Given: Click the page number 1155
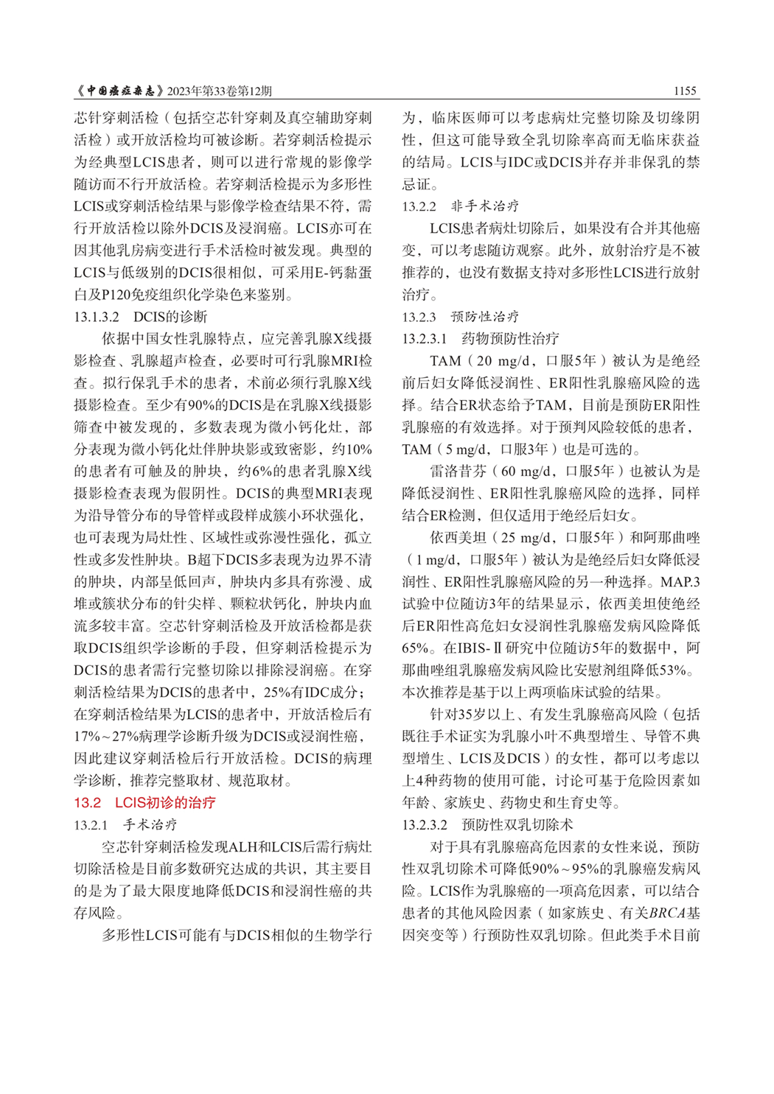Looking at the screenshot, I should (x=685, y=91).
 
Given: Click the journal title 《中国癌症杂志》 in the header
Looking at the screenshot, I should (x=119, y=91).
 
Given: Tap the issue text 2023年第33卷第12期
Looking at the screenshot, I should (x=220, y=91).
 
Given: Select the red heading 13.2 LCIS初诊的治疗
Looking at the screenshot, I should (x=144, y=802).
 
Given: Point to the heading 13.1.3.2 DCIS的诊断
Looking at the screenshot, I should (x=140, y=317).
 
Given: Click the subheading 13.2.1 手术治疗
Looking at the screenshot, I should (x=125, y=824).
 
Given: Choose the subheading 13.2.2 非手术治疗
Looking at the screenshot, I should (x=460, y=206).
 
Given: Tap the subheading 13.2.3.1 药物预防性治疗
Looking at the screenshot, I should (x=480, y=339).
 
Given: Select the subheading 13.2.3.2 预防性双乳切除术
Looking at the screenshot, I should (x=487, y=824).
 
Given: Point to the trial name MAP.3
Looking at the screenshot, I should (x=680, y=582).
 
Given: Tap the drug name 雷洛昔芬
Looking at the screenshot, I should (x=452, y=471).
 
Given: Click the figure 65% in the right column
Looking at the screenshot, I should (x=415, y=648).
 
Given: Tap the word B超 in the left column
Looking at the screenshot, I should (x=201, y=560).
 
